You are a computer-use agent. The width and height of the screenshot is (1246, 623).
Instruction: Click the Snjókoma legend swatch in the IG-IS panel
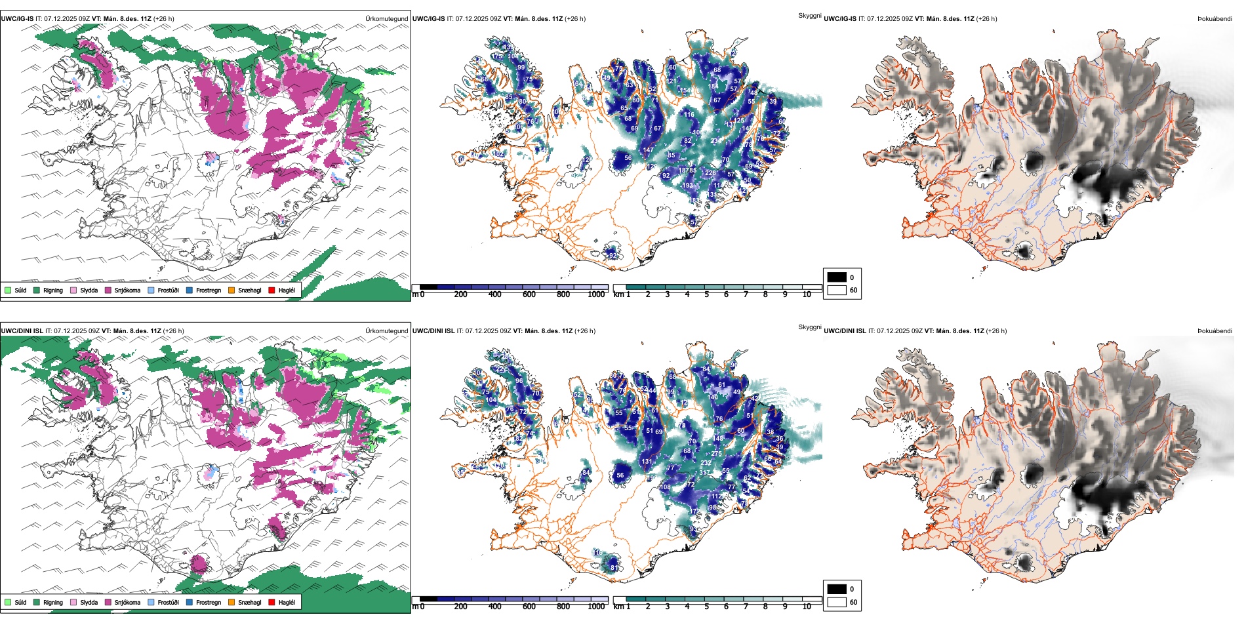click(x=108, y=290)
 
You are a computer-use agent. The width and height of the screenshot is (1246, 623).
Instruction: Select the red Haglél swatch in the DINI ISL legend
click(x=271, y=602)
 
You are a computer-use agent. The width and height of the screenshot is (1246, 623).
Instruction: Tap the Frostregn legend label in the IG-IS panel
click(x=209, y=290)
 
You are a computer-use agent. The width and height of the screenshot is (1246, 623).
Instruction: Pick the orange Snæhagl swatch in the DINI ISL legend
click(x=231, y=602)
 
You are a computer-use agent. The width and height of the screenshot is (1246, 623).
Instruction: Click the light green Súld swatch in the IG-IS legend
click(x=8, y=290)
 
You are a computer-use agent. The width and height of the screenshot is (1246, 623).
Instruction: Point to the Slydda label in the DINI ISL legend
click(x=89, y=602)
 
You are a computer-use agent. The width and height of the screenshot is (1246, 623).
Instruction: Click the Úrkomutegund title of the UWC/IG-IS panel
click(x=386, y=19)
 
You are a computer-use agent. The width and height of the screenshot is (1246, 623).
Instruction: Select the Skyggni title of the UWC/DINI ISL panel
click(x=809, y=327)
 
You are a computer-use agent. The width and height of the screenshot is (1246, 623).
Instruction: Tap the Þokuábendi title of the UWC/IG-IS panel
click(x=1215, y=19)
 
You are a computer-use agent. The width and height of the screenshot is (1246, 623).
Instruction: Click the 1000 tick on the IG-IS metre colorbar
click(x=596, y=294)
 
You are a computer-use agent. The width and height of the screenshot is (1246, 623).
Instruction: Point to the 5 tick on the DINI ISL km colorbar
click(x=707, y=607)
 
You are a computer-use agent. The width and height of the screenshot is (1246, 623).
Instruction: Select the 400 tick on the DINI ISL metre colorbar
click(x=494, y=607)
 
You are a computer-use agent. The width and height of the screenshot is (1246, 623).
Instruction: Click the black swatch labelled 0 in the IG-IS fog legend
click(x=837, y=277)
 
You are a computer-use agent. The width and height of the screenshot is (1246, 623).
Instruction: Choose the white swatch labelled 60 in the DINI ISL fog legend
click(x=837, y=602)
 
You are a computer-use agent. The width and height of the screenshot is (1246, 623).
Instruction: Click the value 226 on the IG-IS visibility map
click(x=710, y=173)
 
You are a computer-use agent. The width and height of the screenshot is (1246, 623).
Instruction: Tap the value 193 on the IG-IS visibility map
click(x=687, y=186)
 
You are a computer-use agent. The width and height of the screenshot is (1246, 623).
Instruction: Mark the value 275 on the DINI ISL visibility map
click(x=716, y=454)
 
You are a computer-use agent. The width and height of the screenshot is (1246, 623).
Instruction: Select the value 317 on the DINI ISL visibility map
click(x=705, y=472)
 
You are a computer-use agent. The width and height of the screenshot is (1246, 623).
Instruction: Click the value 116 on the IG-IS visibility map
click(x=689, y=115)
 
